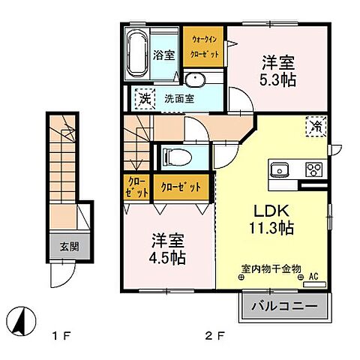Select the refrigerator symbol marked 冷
pos(315,127)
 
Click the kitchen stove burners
pos(313,168)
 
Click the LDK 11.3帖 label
pos(271,217)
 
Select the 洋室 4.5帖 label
pos(169,247)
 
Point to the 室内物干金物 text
pos(271,268)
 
